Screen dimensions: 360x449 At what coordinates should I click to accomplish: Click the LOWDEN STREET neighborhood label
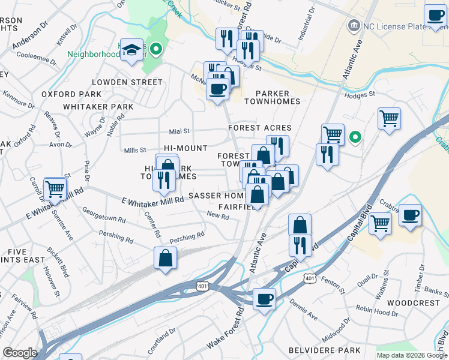(x=127, y=82)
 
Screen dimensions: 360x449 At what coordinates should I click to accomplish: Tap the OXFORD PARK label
(x=71, y=94)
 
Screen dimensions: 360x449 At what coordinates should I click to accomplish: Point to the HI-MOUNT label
(x=185, y=148)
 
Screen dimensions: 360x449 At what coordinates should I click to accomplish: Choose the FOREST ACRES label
(x=259, y=128)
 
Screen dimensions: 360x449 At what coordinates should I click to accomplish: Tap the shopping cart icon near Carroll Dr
(x=55, y=189)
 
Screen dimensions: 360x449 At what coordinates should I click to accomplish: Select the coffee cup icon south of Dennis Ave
(x=264, y=298)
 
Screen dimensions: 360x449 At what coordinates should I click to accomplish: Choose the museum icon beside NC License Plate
(x=353, y=26)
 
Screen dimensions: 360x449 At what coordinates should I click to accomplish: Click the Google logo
(x=20, y=353)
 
